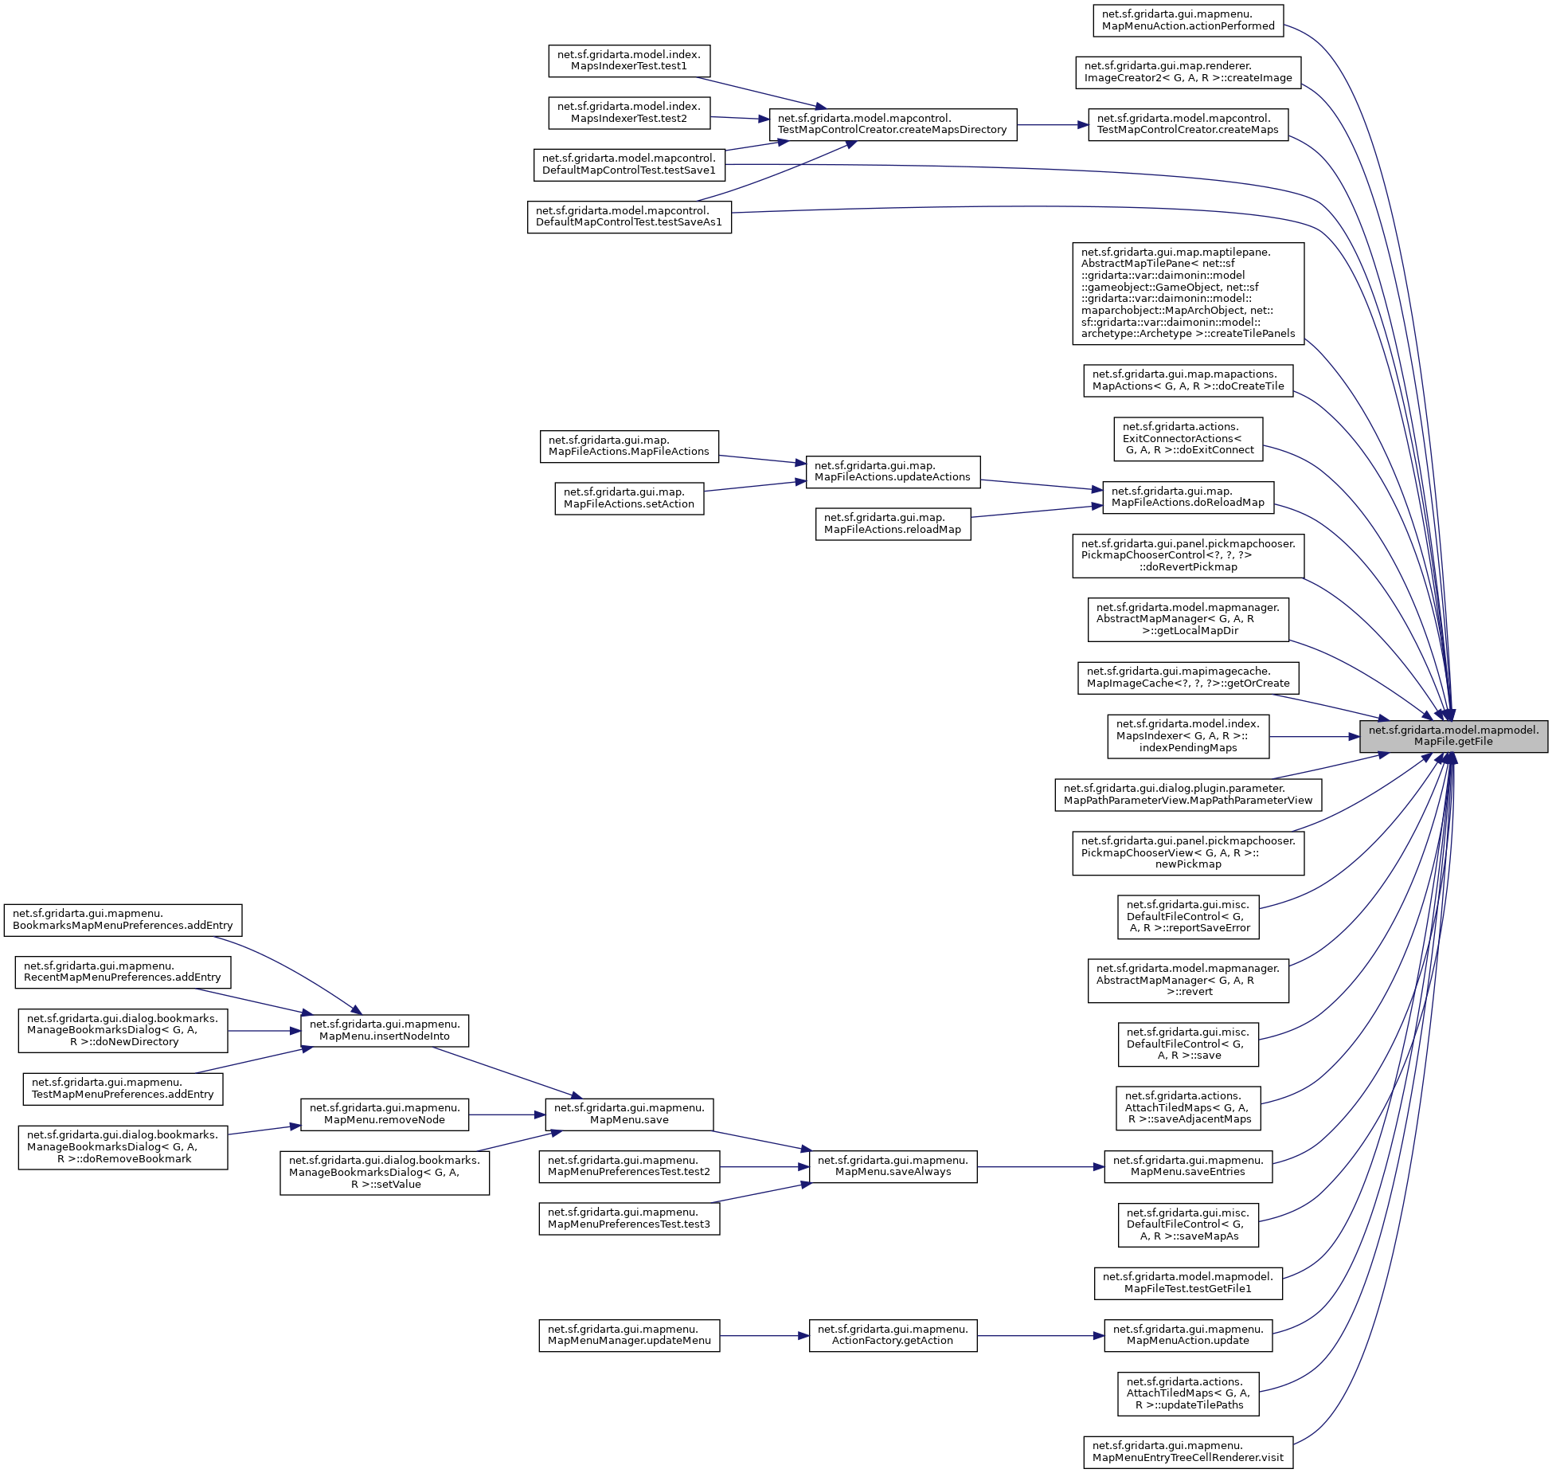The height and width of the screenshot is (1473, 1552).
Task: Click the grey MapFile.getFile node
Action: point(1452,736)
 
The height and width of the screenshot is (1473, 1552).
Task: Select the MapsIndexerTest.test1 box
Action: point(629,61)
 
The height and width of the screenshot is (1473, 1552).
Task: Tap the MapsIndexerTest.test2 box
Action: point(629,112)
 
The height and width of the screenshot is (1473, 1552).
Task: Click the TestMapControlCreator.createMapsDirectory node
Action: point(892,124)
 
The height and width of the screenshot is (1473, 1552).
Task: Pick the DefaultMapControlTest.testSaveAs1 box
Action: point(629,217)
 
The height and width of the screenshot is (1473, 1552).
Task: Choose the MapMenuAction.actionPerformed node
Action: point(1187,20)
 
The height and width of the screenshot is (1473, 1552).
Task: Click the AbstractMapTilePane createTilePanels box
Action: point(1187,293)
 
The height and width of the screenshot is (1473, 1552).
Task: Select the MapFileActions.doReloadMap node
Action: point(1187,497)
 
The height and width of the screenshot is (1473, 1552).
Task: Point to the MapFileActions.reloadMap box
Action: point(892,523)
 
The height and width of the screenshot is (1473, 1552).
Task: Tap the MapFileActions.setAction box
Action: point(629,498)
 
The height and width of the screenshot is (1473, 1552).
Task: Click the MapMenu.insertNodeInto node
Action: point(384,1030)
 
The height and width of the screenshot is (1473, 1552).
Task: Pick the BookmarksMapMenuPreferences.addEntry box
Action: point(123,919)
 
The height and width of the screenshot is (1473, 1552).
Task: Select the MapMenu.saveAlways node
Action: point(892,1166)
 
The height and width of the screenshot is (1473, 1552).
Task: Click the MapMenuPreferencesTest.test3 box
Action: point(629,1218)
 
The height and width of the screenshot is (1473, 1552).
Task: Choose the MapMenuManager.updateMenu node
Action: point(629,1335)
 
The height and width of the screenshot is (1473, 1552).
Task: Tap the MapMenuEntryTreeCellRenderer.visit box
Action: point(1187,1451)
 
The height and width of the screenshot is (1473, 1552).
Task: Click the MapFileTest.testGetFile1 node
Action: point(1187,1283)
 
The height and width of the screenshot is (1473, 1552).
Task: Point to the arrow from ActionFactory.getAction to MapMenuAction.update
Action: point(1040,1335)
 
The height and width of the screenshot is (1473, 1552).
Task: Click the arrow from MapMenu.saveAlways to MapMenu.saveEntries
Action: point(1040,1166)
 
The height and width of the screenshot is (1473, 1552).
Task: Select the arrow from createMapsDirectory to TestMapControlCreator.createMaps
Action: point(1052,124)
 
